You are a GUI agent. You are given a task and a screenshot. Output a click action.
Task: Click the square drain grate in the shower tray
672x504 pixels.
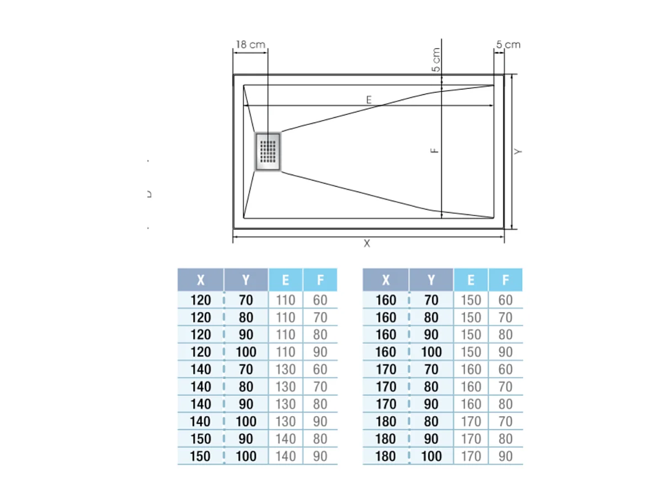268,151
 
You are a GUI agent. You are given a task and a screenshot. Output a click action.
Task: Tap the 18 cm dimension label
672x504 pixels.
250,45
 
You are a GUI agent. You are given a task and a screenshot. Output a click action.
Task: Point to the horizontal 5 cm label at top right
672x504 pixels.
508,45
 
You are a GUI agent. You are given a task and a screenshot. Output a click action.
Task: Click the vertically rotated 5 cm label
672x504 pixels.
436,60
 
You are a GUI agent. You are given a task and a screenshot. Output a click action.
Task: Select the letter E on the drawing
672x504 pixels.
369,99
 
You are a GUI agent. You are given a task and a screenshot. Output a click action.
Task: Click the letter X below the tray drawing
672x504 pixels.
367,244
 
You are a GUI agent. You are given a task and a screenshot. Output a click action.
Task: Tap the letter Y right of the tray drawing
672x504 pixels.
518,151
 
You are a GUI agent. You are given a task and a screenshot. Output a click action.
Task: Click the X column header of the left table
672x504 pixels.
200,280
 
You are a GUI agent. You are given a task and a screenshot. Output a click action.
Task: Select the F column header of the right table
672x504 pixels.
505,280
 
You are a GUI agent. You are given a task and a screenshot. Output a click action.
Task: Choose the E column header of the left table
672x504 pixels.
285,280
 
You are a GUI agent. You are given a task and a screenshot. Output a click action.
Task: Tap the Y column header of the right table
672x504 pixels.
431,280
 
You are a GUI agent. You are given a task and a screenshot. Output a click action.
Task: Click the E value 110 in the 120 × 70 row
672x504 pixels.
285,300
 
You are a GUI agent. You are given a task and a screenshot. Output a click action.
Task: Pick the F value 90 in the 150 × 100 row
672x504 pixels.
320,456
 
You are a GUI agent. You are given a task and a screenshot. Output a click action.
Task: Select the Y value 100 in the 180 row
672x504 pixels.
431,456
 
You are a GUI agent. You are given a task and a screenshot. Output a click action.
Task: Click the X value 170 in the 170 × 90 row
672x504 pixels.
386,404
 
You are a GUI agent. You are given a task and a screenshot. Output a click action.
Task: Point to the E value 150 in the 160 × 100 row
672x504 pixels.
470,352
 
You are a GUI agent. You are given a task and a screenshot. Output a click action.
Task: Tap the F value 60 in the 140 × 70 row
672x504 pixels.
320,369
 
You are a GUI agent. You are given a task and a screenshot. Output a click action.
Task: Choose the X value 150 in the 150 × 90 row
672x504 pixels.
200,439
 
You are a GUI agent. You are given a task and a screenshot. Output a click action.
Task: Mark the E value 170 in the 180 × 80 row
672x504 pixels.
470,422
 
